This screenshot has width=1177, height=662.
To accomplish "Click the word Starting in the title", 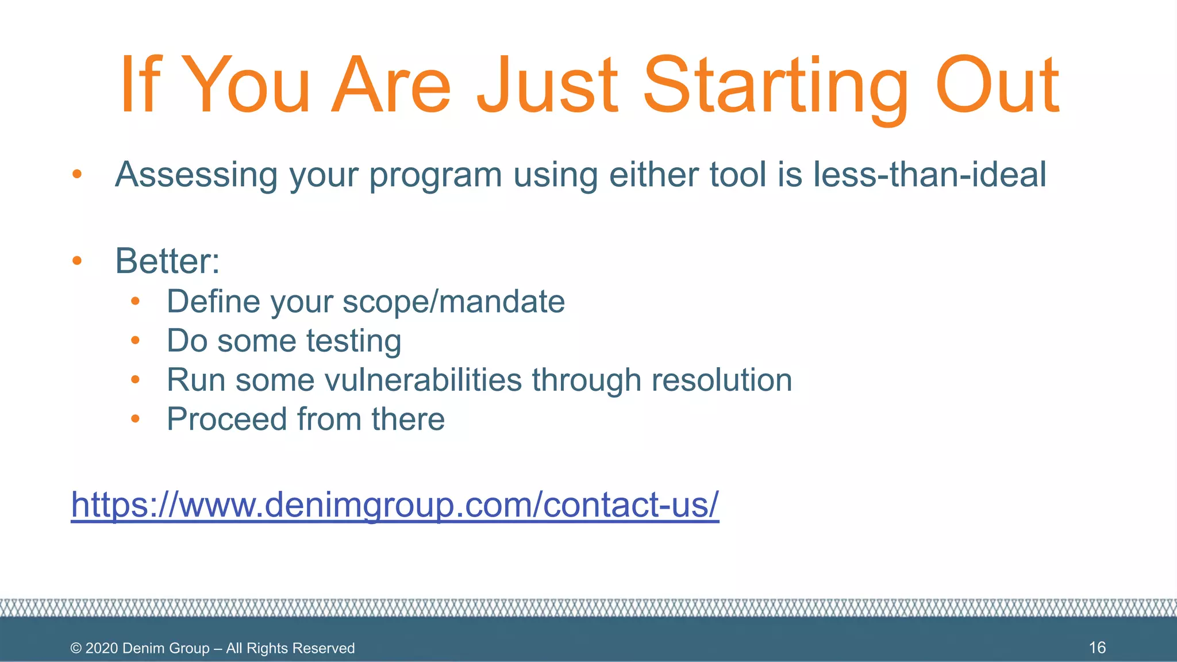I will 776,86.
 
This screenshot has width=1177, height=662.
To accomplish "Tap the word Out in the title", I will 997,86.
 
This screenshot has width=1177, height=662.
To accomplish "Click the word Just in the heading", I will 547,86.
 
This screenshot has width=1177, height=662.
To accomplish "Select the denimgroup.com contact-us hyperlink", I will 395,505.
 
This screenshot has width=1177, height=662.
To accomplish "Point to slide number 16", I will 1097,648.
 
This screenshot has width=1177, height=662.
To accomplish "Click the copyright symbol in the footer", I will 76,648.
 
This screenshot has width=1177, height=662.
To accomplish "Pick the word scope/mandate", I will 453,302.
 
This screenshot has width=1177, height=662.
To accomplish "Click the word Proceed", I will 227,419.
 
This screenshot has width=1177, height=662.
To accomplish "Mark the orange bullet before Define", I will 136,301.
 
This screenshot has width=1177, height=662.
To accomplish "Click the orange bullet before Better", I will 77,261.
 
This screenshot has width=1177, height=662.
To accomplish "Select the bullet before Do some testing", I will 136,341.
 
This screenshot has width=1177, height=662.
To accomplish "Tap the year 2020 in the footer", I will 102,648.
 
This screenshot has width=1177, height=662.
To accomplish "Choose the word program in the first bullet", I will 435,175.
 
